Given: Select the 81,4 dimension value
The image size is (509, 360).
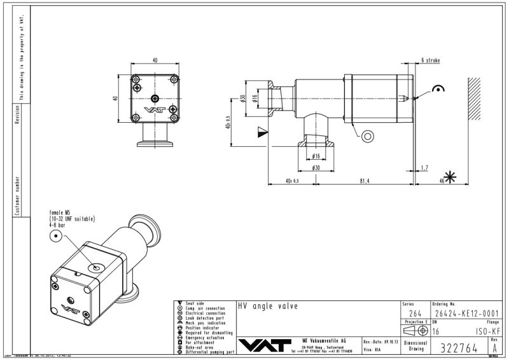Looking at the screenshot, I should click(364, 181).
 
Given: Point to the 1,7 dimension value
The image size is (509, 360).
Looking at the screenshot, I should click(424, 168).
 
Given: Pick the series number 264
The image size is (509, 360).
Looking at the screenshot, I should click(414, 313).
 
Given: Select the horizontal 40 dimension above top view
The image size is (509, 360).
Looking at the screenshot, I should click(155, 60).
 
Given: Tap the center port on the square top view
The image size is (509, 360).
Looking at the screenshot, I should click(155, 97).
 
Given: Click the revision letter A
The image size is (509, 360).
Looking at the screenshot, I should click(494, 348).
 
